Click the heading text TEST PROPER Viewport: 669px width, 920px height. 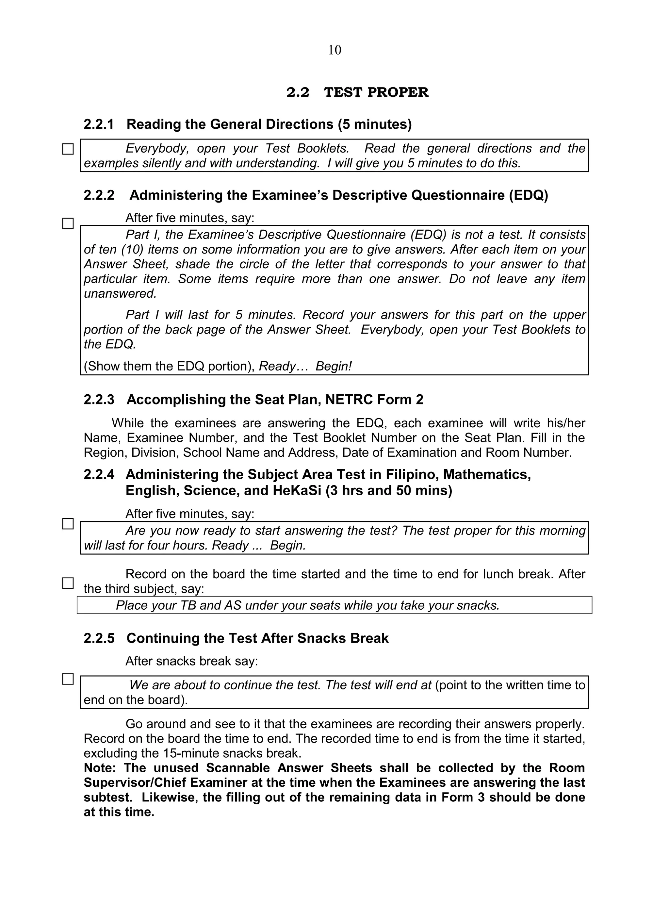(x=376, y=92)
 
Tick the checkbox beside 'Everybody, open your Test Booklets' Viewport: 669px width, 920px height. (x=68, y=149)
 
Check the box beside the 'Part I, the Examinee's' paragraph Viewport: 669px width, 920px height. (x=68, y=223)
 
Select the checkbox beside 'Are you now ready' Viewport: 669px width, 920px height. (x=68, y=524)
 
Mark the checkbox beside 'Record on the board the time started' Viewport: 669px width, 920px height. (x=68, y=583)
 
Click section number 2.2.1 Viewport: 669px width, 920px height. (x=99, y=124)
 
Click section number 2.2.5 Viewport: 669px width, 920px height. (x=99, y=638)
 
